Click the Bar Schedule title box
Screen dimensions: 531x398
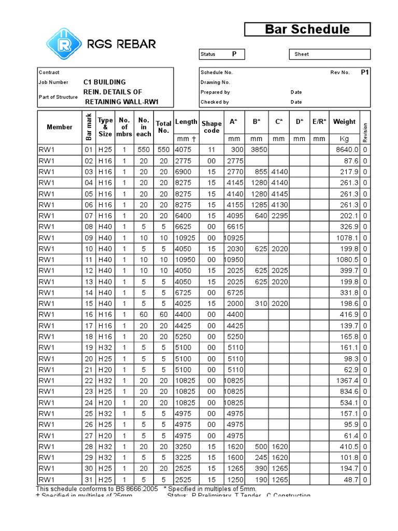coord(307,30)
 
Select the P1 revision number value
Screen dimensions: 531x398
coord(365,73)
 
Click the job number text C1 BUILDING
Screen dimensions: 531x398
coord(104,82)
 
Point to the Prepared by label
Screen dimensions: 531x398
coord(215,92)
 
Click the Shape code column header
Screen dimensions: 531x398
coord(211,127)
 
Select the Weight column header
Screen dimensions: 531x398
coord(344,122)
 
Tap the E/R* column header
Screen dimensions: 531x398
coord(319,122)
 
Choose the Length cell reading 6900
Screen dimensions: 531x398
coord(183,172)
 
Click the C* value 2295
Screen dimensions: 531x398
coord(279,215)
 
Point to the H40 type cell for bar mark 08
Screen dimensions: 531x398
coord(105,227)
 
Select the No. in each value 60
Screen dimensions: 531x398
coord(144,315)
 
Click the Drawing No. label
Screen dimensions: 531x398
coord(215,82)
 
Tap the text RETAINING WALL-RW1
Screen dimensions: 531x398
coord(121,102)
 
